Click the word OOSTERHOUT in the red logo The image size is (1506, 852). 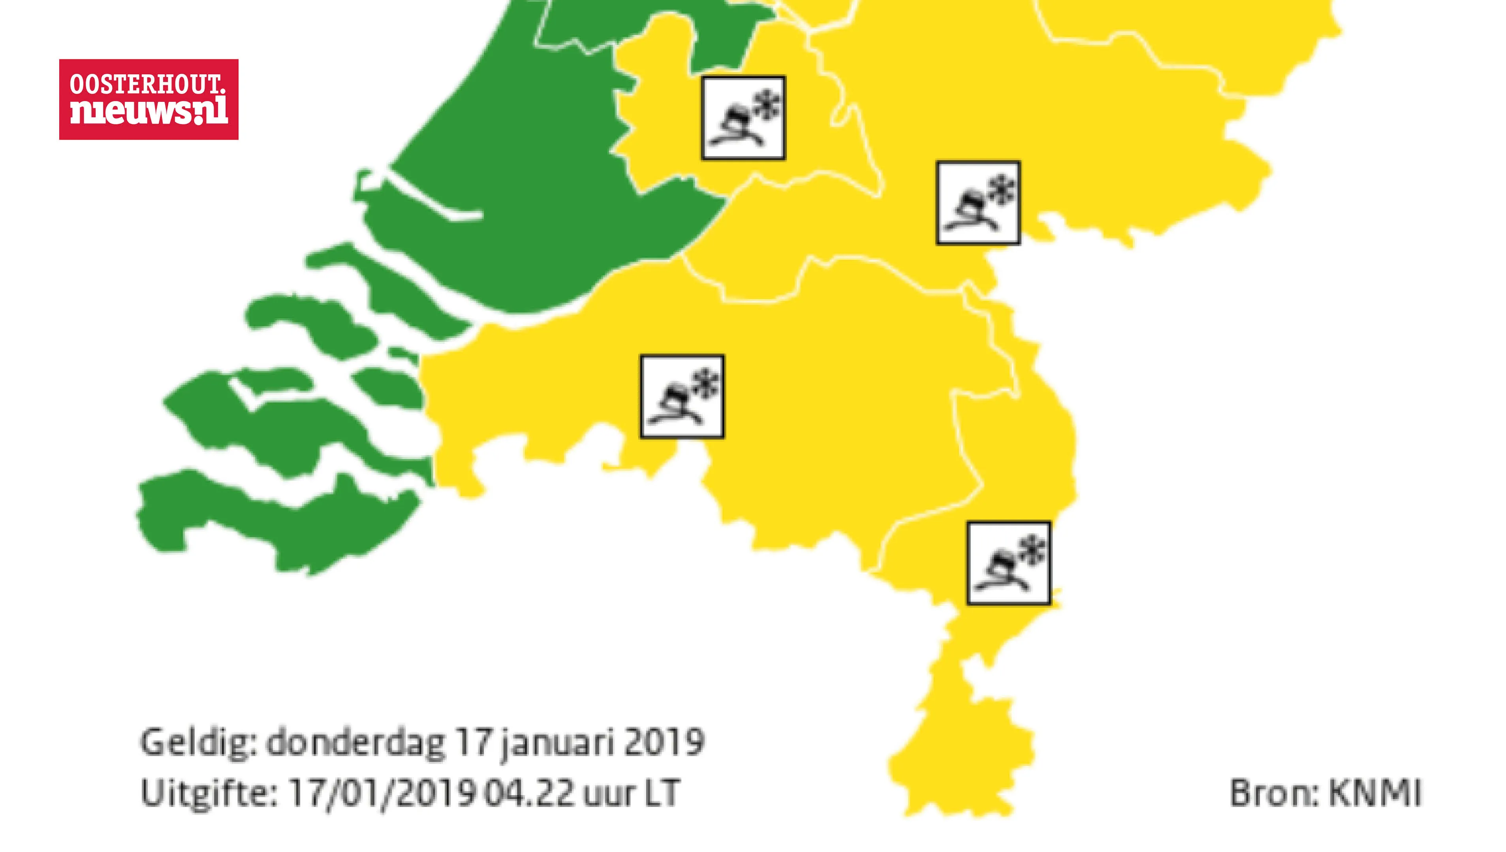[147, 85]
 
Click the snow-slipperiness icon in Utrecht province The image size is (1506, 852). [743, 118]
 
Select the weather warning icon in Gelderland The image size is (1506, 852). [978, 203]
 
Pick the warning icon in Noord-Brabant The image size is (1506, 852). [682, 396]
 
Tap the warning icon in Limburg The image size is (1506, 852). [1008, 563]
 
